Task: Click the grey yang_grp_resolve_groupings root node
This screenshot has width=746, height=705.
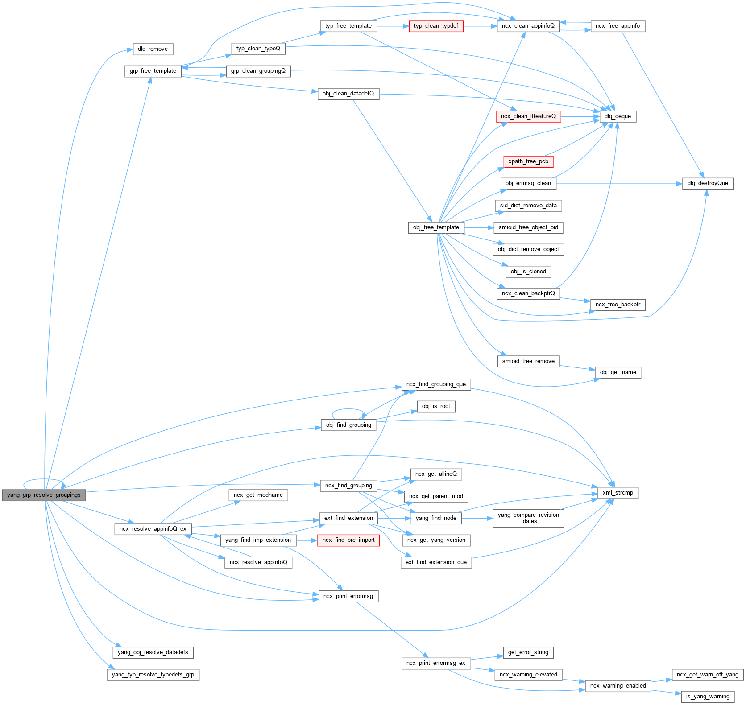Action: tap(44, 495)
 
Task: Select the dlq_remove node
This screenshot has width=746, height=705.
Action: tap(153, 49)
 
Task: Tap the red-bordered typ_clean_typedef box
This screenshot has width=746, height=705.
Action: tap(436, 26)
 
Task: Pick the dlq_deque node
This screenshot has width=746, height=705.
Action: tap(618, 116)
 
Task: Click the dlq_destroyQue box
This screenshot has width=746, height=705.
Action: tap(707, 183)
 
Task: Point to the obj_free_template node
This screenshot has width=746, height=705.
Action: tap(436, 227)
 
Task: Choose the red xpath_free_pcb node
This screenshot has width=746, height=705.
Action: tap(528, 161)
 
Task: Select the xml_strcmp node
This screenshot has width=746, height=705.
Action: tap(618, 493)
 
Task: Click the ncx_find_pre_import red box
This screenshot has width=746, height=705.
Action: tap(348, 540)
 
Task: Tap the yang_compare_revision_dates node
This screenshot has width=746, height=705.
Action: tap(528, 518)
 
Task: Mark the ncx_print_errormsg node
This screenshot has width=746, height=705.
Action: tap(348, 596)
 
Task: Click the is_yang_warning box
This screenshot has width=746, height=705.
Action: tap(708, 697)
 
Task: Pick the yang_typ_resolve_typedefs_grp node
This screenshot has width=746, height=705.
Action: tap(153, 675)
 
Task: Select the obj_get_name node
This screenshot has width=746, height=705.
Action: tap(618, 372)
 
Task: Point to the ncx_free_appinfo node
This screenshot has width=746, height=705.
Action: tap(618, 26)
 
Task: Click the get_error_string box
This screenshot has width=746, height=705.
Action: tap(528, 652)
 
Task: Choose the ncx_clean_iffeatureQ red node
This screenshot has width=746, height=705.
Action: tap(528, 116)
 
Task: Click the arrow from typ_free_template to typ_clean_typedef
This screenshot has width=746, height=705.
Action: tap(393, 26)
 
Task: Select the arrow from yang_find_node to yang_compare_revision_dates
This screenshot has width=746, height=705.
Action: tap(477, 518)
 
